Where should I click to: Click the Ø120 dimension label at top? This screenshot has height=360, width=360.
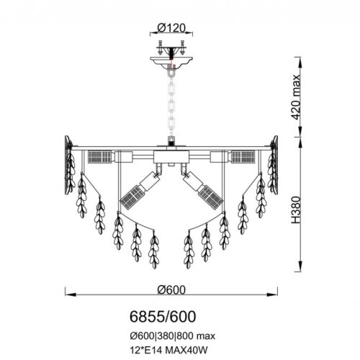click(171, 28)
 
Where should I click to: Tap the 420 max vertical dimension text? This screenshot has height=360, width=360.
click(295, 97)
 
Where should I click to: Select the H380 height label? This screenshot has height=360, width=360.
click(296, 210)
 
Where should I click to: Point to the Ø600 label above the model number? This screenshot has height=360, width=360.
click(171, 290)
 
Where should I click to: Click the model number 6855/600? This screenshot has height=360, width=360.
click(163, 317)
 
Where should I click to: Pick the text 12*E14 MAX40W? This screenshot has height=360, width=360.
click(168, 351)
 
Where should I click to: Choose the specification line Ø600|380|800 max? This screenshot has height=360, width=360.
click(173, 336)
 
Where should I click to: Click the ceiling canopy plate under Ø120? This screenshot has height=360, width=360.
click(171, 63)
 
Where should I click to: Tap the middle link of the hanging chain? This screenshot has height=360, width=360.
click(171, 105)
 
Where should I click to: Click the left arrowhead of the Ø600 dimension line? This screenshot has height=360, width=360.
click(71, 294)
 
